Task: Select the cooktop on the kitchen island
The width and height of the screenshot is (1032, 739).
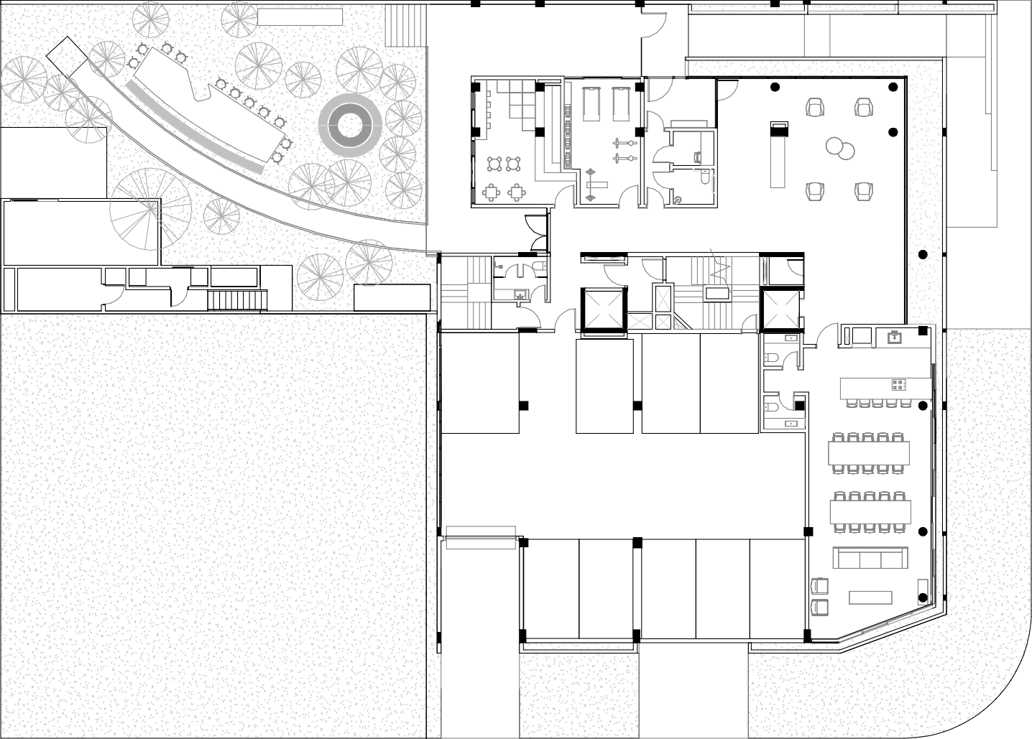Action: pos(899,385)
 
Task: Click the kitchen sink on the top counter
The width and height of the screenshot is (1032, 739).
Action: pos(895,337)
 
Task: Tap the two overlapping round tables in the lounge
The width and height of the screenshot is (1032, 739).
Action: pos(839,148)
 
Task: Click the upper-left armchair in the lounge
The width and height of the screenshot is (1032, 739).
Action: pos(816,107)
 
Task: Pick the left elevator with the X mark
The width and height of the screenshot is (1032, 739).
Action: pos(604,310)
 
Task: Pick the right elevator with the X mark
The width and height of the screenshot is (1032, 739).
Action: pos(781,309)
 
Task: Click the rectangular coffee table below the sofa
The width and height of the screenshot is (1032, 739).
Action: pos(870,597)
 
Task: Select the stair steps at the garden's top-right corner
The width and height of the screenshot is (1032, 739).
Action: pos(406,25)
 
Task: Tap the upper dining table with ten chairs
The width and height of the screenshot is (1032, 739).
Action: pos(869,453)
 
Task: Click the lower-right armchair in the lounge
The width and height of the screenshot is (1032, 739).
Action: pos(864,190)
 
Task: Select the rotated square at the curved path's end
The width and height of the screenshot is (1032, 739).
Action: pos(67,55)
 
